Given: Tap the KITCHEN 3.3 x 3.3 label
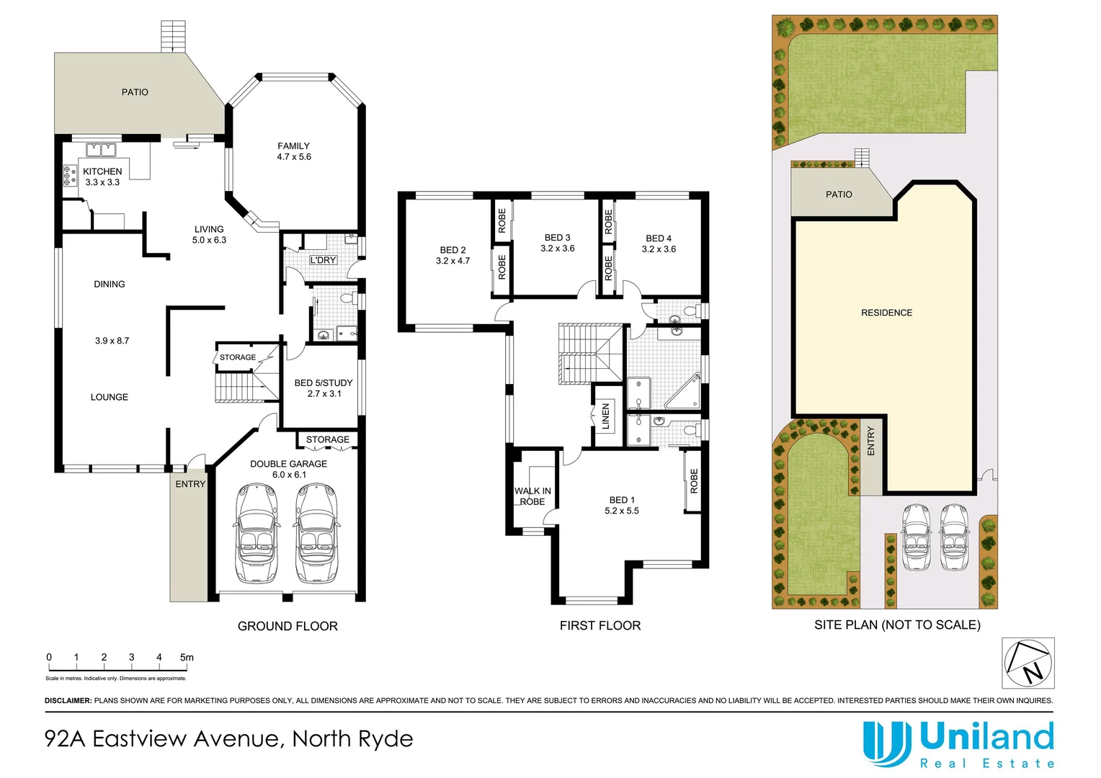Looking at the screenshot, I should [102, 176].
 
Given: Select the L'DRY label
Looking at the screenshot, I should [323, 260].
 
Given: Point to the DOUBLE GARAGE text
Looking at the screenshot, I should [288, 464].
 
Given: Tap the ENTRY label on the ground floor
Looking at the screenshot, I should [190, 484].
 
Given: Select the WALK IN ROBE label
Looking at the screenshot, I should [532, 496].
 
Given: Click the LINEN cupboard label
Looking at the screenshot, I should [605, 416].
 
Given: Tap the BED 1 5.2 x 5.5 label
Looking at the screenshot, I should [622, 505].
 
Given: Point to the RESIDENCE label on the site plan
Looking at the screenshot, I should [886, 313].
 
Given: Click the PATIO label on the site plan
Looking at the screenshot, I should [839, 194].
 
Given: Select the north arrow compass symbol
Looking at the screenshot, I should [1028, 663].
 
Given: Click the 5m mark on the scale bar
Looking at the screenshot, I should [187, 658].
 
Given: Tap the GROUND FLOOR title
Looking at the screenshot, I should [287, 626].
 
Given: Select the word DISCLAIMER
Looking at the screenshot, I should [68, 700].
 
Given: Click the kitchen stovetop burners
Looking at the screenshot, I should [70, 176].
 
